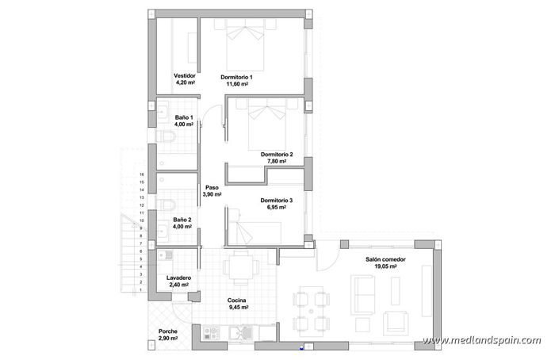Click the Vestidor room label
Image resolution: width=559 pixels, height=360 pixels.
tap(184, 75)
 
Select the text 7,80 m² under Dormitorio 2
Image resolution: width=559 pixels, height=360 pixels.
tap(276, 161)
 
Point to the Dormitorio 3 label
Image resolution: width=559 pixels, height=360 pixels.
tap(277, 201)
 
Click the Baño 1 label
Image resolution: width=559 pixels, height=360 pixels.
tap(184, 117)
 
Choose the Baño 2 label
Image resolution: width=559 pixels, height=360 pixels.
tap(182, 220)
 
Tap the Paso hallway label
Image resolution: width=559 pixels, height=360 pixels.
tap(211, 187)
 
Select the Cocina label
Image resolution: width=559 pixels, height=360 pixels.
tap(237, 300)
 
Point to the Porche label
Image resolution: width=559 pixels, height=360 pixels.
tap(167, 331)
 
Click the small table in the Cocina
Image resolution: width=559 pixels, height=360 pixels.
tap(239, 266)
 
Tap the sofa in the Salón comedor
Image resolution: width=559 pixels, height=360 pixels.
tap(365, 297)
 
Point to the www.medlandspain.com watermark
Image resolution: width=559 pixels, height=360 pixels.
tap(481, 341)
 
